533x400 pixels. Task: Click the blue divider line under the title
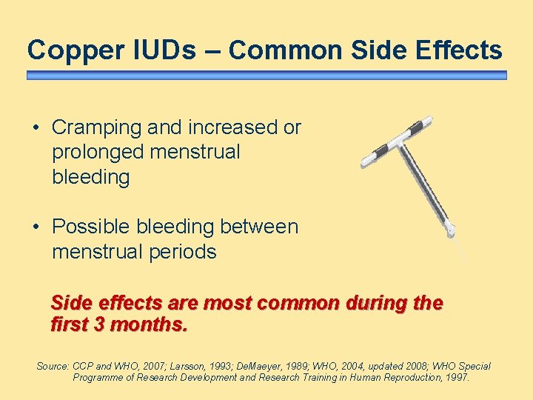(266, 76)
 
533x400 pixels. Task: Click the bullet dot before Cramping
(36, 128)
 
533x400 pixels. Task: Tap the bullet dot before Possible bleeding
(36, 227)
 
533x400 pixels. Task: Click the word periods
(184, 252)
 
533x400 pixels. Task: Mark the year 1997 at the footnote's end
(455, 378)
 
